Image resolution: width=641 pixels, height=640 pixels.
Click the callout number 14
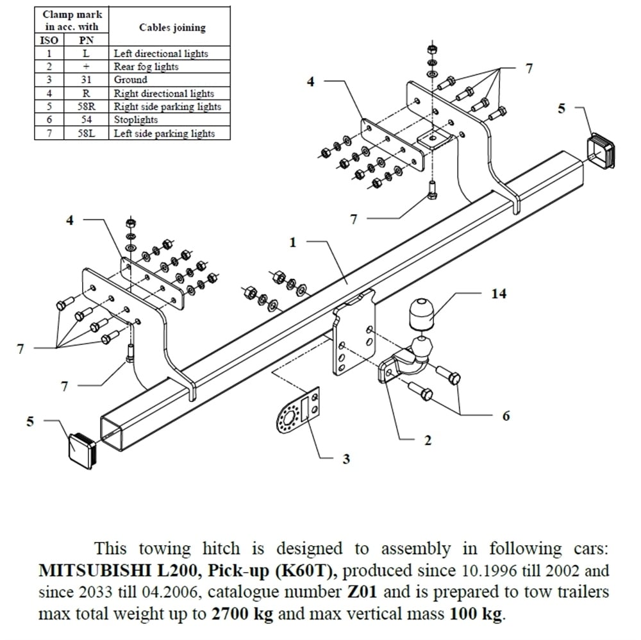tap(498, 293)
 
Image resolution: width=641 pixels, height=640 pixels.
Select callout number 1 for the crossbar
tap(293, 242)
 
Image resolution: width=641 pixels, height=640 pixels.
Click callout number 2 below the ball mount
tap(428, 440)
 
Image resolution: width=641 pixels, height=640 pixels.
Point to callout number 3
tap(346, 459)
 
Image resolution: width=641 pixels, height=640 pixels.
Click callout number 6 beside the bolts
tap(506, 416)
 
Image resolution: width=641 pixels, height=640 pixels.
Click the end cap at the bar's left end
tap(83, 448)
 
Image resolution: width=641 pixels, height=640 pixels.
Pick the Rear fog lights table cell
tap(146, 67)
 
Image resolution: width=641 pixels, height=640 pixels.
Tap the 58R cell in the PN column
tap(86, 106)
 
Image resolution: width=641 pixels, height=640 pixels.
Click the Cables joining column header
tap(172, 28)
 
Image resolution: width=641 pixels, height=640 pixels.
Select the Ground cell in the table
tap(131, 80)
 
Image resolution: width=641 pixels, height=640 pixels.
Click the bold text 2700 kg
tap(242, 614)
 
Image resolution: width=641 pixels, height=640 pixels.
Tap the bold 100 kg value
tap(476, 614)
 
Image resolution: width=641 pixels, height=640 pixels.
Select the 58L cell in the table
tap(86, 133)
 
